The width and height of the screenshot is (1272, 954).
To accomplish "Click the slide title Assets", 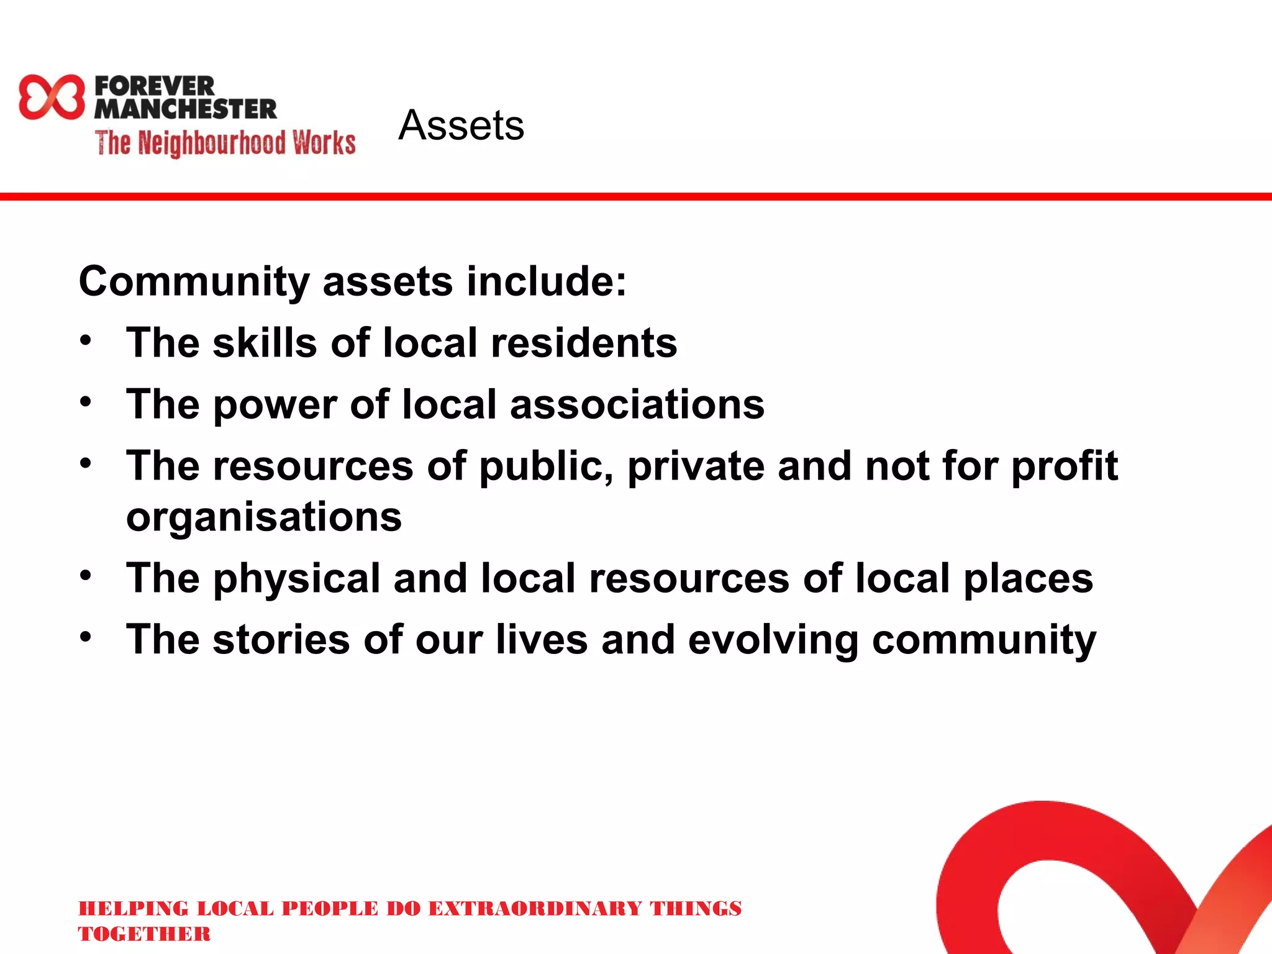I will tap(461, 125).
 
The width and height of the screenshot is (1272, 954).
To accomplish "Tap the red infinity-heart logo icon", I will tap(52, 97).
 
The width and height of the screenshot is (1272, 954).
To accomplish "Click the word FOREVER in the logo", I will tap(155, 86).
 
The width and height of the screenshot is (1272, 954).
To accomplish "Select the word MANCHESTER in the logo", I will tap(185, 109).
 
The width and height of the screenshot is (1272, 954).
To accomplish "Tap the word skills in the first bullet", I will tap(265, 343).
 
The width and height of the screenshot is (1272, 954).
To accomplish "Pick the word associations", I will tap(637, 404).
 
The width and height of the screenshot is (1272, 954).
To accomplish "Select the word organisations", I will tap(264, 517).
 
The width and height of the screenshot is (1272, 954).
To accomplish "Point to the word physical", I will tap(297, 579).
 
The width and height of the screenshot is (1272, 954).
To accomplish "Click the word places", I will tap(1028, 579).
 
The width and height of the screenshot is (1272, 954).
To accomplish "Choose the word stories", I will tap(281, 640).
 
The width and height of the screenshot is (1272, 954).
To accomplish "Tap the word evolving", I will tap(773, 640).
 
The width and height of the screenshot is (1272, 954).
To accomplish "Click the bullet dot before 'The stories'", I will tap(86, 637).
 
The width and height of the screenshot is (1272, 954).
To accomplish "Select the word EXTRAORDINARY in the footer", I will tap(535, 909).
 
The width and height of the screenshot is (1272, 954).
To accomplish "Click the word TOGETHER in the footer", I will tap(144, 934).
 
